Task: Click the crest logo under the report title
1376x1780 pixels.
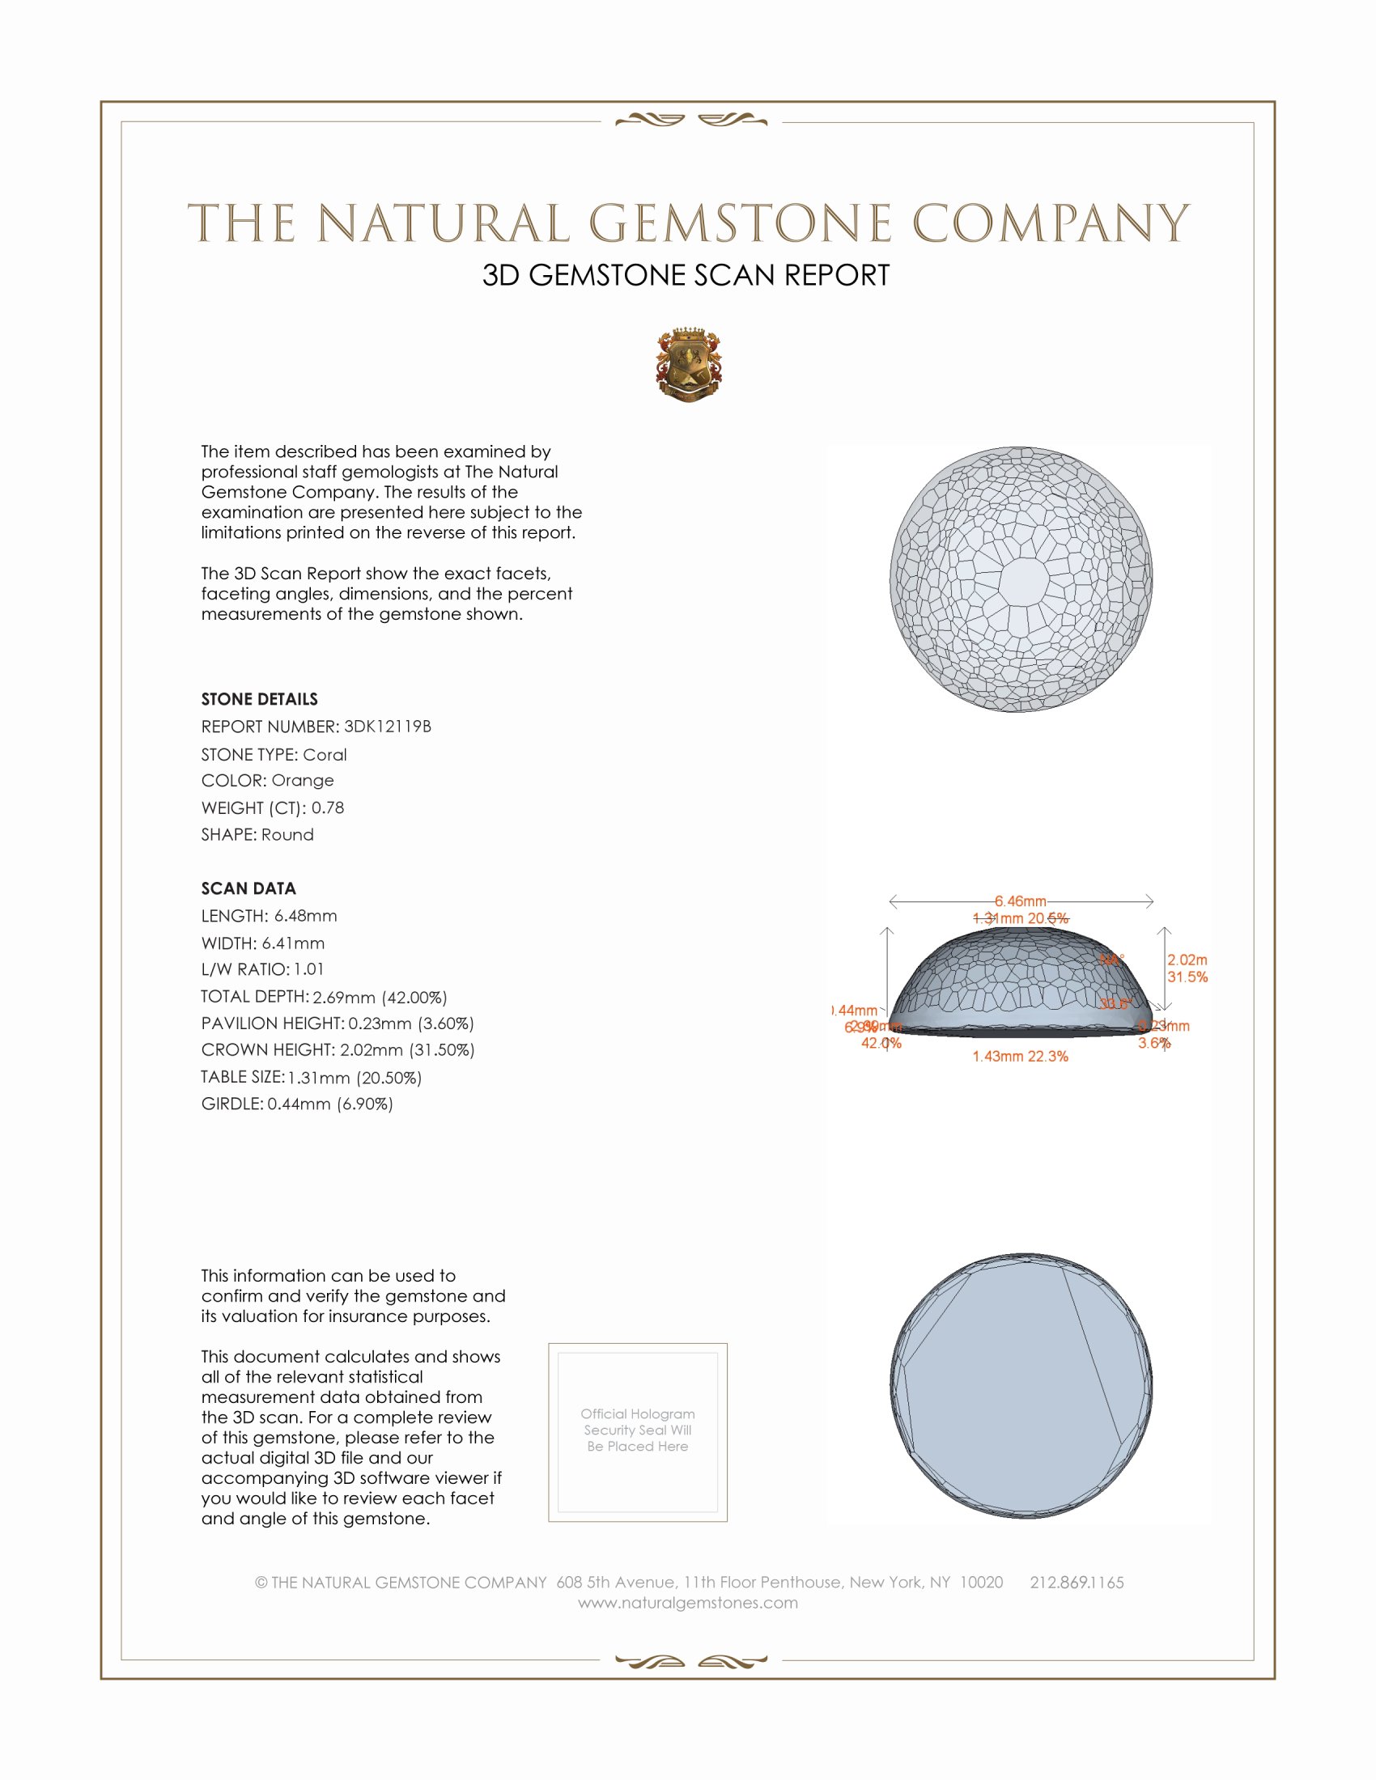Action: [x=689, y=365]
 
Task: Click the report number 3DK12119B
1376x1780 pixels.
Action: [x=387, y=727]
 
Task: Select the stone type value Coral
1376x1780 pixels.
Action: [x=325, y=755]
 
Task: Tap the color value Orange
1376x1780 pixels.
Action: [x=303, y=781]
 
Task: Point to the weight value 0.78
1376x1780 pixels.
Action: [x=328, y=807]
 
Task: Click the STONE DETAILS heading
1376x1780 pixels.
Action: [x=259, y=699]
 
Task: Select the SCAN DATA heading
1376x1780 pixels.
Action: [x=248, y=888]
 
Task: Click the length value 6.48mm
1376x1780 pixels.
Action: [x=306, y=916]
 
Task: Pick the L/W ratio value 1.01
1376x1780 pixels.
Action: [x=309, y=970]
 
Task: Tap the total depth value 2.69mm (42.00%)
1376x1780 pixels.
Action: [x=380, y=998]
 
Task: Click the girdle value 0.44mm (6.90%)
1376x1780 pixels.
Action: [x=330, y=1104]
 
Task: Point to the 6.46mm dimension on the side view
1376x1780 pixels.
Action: [x=1020, y=901]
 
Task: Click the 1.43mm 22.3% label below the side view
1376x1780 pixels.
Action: [x=1020, y=1056]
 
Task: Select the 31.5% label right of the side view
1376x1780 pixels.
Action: [x=1187, y=977]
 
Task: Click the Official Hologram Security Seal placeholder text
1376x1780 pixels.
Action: [x=638, y=1430]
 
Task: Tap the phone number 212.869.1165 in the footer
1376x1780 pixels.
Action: [x=1076, y=1582]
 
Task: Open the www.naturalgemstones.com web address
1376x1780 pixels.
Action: [x=688, y=1603]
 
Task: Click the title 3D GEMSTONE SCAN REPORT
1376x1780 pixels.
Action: [x=686, y=275]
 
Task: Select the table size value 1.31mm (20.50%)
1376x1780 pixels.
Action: [x=355, y=1079]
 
